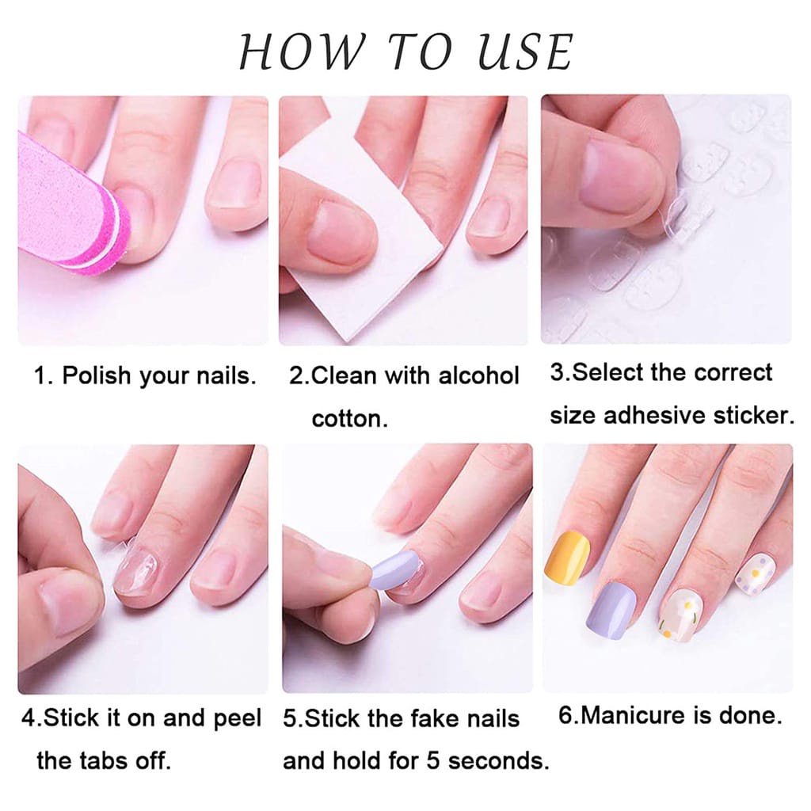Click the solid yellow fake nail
(567, 554)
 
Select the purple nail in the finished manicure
(612, 608)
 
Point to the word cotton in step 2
(349, 418)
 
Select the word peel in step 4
(238, 719)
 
